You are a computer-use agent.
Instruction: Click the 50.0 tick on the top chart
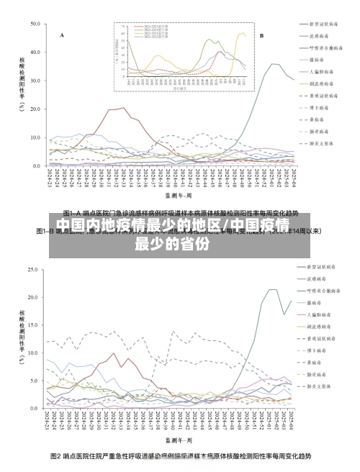(34, 24)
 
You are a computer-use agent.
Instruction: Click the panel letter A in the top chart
(62, 35)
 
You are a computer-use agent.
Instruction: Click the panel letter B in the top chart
(261, 35)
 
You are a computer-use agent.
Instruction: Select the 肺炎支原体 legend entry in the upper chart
(320, 143)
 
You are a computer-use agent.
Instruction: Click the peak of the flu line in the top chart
(274, 64)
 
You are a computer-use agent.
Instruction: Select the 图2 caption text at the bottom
(180, 457)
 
